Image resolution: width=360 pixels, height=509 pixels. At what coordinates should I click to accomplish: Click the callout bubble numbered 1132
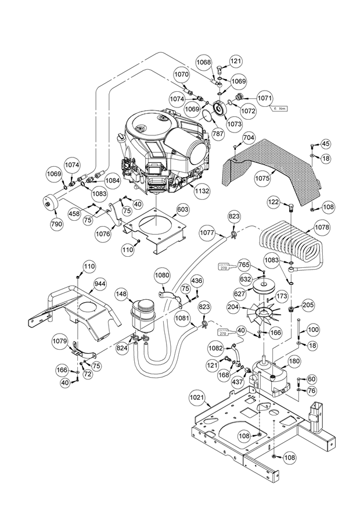(201, 189)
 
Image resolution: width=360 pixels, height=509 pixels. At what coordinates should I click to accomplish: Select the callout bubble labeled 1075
(262, 179)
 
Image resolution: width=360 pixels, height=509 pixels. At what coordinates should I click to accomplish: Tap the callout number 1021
(198, 397)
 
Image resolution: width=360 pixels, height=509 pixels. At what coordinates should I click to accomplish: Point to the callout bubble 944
(100, 284)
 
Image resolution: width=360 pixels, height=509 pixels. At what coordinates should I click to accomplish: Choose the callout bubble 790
(56, 224)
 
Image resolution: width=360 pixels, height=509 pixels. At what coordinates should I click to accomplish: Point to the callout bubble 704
(249, 138)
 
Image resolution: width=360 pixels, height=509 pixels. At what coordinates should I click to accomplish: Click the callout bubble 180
(294, 361)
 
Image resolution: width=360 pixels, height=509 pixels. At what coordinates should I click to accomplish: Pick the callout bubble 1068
(203, 62)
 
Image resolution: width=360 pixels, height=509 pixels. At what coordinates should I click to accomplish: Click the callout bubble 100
(313, 330)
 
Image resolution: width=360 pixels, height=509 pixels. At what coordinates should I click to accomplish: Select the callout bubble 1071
(264, 98)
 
